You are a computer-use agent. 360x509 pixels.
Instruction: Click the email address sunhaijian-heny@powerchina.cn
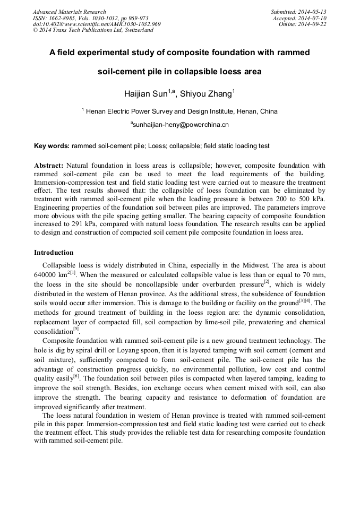[181, 125]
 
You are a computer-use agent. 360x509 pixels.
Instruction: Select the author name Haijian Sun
[146, 94]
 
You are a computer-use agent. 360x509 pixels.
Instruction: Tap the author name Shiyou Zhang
[205, 94]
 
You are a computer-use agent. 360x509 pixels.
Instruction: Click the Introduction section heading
[54, 252]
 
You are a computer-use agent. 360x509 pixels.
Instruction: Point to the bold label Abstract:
[49, 165]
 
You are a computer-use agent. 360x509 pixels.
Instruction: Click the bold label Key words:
[52, 145]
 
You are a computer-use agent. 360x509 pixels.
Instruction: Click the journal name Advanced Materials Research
[69, 12]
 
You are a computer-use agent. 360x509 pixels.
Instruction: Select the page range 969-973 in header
[136, 18]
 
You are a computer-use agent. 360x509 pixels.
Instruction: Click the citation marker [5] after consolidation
[76, 329]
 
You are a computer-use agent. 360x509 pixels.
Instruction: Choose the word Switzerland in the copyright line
[135, 30]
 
